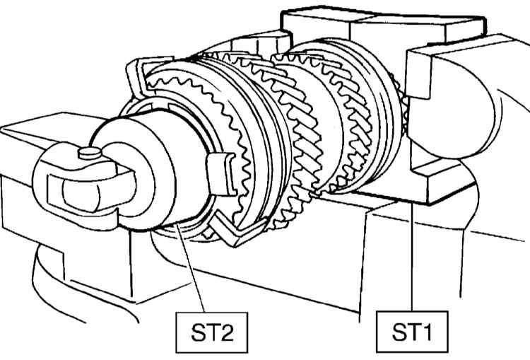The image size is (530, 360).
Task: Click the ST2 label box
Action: click(212, 332)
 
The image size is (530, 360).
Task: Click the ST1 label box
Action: click(412, 332)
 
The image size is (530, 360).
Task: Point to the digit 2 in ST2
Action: click(224, 332)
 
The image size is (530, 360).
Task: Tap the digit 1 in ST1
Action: click(428, 332)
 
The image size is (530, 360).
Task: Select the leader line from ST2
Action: click(190, 267)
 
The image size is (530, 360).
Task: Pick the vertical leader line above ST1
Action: click(412, 257)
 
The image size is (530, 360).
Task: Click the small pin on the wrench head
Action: click(90, 153)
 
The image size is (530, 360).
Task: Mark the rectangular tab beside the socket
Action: click(221, 174)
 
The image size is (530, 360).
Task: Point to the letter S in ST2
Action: click(198, 332)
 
